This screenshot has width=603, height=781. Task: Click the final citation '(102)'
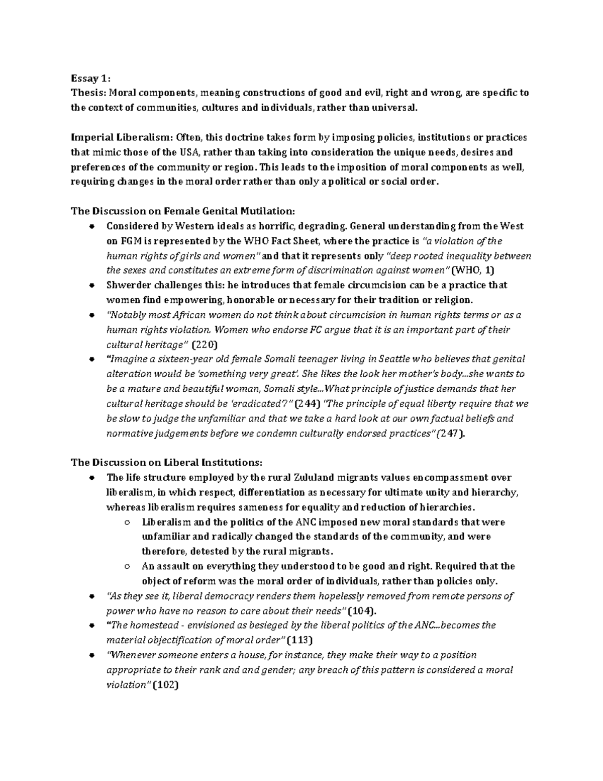tap(165, 685)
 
